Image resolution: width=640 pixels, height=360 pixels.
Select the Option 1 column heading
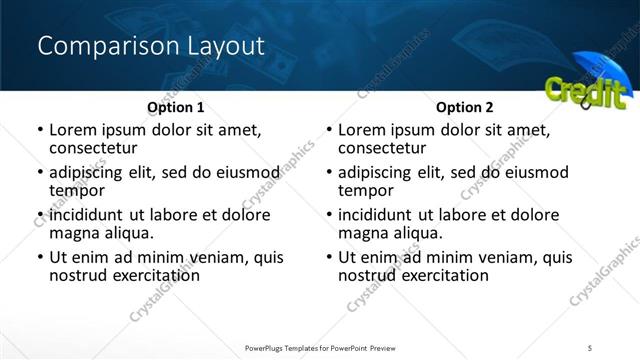pyautogui.click(x=175, y=107)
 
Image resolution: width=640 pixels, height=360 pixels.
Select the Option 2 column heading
pyautogui.click(x=464, y=107)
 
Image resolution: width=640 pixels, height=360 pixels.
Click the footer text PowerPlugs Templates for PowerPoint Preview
pyautogui.click(x=320, y=347)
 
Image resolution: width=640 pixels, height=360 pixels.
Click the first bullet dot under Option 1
pyautogui.click(x=39, y=131)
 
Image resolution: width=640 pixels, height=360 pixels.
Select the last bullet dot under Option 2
pyautogui.click(x=328, y=257)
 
